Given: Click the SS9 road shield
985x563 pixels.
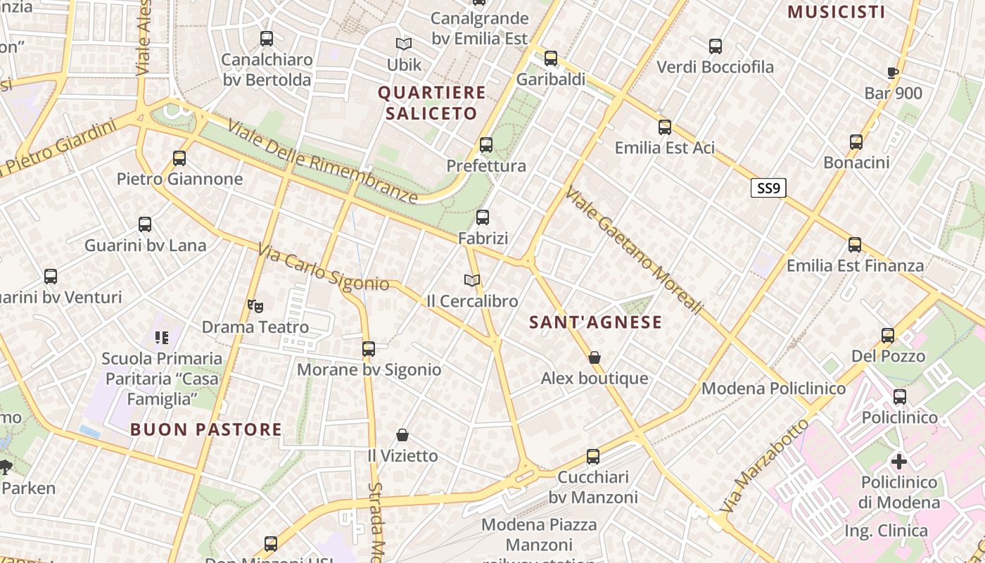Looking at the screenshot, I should pos(768,188).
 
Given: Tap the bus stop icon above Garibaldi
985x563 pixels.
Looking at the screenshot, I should pos(551,58).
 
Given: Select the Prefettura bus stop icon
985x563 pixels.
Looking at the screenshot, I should pos(486,146).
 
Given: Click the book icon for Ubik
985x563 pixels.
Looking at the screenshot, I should pos(404,44).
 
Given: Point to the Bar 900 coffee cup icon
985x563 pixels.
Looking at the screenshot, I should pos(893,72).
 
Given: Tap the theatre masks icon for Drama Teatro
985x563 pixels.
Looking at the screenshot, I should pos(255,306).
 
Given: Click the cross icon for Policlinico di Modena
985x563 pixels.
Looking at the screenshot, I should pos(899,462).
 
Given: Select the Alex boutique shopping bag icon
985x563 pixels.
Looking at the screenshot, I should pos(595,358).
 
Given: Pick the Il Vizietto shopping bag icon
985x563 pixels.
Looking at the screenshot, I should pos(402,435).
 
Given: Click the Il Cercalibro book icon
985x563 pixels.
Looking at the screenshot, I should pos(472,280).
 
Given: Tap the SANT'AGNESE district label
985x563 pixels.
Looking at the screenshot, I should pos(595,322).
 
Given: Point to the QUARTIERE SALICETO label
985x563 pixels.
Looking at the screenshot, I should pos(432,103).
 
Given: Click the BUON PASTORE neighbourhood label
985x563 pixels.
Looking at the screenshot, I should pos(206,429).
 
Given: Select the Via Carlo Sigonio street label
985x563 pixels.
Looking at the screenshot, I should pos(323,267).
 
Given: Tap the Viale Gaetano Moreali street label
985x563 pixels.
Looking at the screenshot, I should pos(633,251).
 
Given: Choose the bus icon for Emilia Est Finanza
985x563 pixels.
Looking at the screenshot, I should pos(855,245).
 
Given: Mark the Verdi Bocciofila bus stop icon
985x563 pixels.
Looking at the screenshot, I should pos(716,46).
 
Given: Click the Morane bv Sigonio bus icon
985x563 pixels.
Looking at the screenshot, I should pos(369,349).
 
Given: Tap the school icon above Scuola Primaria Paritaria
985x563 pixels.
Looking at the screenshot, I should pos(162,338).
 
